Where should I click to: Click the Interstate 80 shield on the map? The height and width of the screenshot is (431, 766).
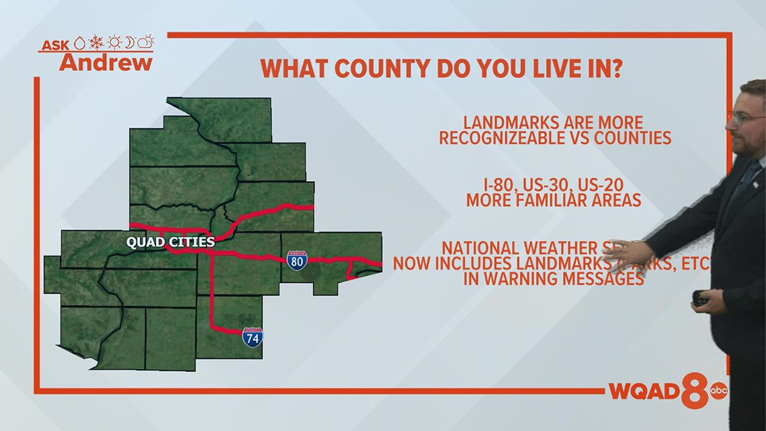click(297, 261)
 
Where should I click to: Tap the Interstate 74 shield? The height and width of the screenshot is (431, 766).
click(253, 338)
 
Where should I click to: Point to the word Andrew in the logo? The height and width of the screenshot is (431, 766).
click(105, 63)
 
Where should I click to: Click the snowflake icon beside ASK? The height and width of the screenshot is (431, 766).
click(97, 43)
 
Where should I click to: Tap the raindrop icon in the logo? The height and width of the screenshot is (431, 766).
click(79, 44)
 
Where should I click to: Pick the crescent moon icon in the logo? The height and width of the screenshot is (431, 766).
click(130, 43)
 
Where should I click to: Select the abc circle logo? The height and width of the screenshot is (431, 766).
click(719, 391)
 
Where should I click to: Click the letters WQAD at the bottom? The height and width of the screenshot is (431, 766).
click(643, 391)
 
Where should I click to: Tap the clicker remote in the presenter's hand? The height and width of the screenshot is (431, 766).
click(701, 298)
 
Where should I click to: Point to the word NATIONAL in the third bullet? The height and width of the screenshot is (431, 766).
click(482, 247)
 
